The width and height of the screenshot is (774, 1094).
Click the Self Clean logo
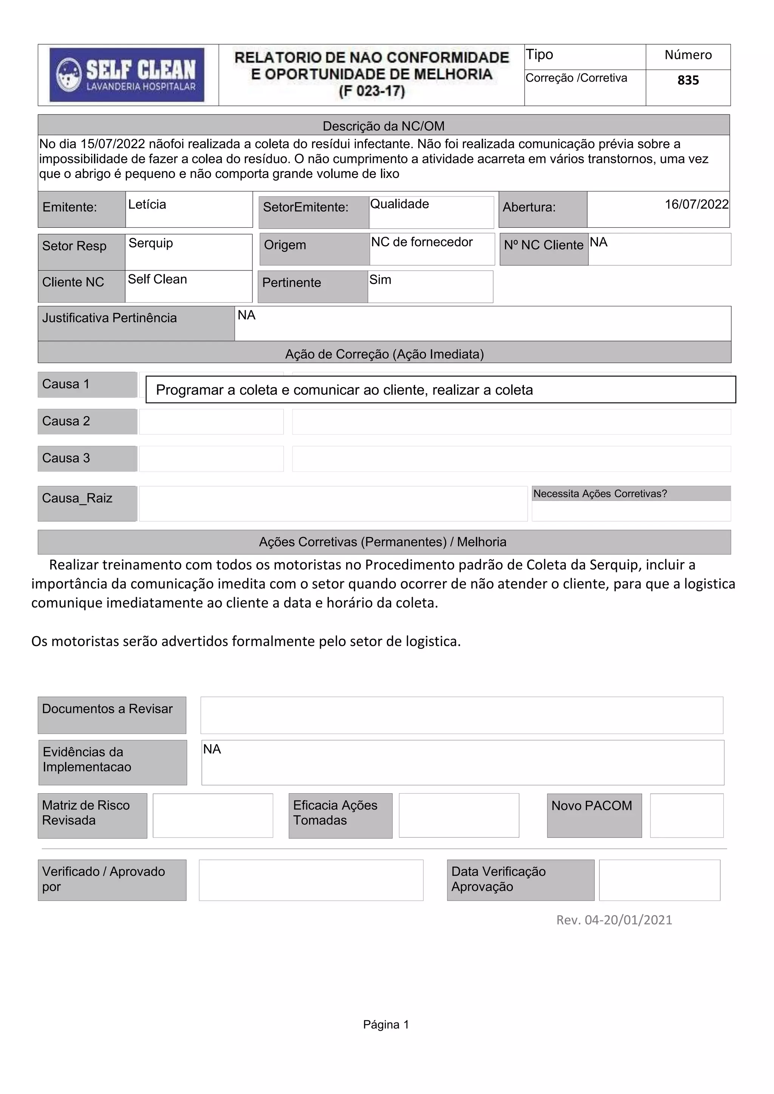(127, 75)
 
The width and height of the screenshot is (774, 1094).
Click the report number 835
(688, 80)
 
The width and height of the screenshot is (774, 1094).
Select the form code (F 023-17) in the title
(372, 91)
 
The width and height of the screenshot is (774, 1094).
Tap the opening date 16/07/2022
(696, 204)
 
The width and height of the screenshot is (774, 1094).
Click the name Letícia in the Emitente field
(147, 204)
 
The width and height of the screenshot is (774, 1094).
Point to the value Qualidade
(399, 204)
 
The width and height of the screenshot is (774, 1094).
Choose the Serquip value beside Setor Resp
(151, 243)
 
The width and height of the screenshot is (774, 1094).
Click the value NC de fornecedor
(422, 242)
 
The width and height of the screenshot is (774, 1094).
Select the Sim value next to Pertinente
(380, 280)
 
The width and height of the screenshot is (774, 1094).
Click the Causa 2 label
(66, 421)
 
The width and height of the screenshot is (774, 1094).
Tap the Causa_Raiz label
(77, 498)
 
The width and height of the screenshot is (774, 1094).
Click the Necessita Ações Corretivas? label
(599, 494)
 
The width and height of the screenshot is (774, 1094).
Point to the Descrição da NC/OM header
(384, 126)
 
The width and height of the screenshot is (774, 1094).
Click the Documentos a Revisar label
(107, 709)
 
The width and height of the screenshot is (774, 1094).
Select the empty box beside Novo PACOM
(686, 815)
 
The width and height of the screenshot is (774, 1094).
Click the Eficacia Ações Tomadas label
(335, 813)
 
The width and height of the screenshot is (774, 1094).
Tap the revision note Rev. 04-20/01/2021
(614, 920)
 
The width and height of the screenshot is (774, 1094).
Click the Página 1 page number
(386, 1024)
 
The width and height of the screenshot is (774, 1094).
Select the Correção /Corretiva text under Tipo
(576, 78)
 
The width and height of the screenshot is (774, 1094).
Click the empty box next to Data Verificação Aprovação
(659, 880)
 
